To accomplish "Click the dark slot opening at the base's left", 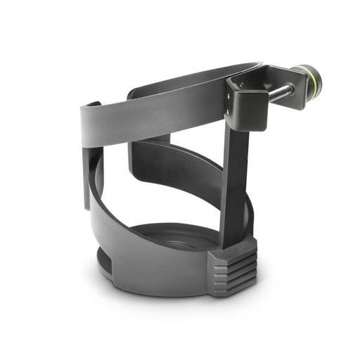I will point(103,264).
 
